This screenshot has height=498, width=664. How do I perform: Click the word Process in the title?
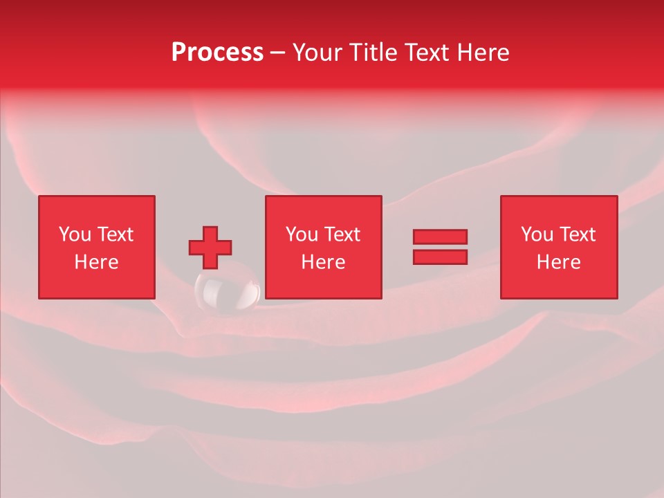(x=217, y=53)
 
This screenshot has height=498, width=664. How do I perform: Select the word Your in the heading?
(x=318, y=53)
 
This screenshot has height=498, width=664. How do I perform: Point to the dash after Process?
(x=277, y=53)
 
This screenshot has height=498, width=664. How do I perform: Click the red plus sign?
(x=210, y=248)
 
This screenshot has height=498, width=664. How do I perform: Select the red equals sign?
(x=440, y=247)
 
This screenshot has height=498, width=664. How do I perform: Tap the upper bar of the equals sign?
(x=440, y=237)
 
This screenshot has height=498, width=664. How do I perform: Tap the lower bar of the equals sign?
(x=440, y=257)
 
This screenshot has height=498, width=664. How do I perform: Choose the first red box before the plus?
(x=96, y=247)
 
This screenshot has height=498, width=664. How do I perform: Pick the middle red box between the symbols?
(x=323, y=247)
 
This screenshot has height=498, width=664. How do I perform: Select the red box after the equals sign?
(x=558, y=247)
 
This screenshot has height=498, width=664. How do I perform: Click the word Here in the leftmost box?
(x=96, y=262)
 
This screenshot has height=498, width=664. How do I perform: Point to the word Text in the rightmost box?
(x=577, y=234)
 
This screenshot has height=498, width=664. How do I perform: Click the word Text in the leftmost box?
(x=115, y=234)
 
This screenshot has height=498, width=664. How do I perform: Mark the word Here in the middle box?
(x=323, y=262)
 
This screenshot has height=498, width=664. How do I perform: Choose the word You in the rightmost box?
(x=537, y=234)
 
